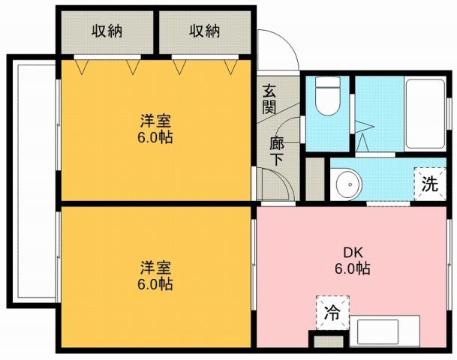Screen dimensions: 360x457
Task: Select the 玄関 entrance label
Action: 269,97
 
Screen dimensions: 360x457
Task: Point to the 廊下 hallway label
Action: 277,147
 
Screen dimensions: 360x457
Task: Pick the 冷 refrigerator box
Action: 331,314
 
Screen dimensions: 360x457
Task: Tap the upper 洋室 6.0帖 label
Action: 156,128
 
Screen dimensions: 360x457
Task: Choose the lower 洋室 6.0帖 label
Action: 156,275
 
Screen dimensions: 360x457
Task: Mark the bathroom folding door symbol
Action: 365,136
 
